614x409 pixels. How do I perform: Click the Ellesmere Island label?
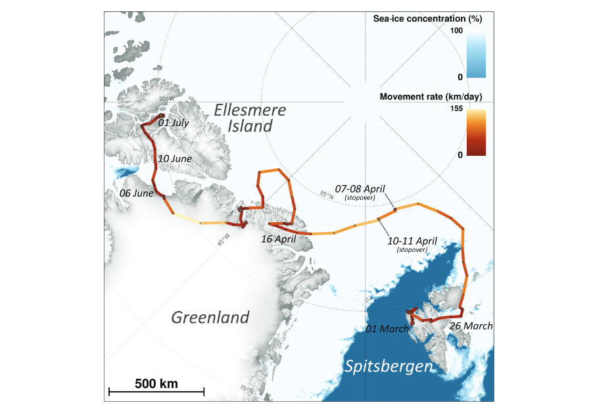(x=250, y=118)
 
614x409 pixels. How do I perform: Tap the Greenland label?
(x=210, y=318)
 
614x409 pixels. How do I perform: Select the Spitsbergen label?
(x=389, y=366)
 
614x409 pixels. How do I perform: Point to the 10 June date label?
(x=175, y=159)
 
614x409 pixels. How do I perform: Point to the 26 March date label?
(x=471, y=325)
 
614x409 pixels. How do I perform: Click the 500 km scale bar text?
(x=156, y=383)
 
